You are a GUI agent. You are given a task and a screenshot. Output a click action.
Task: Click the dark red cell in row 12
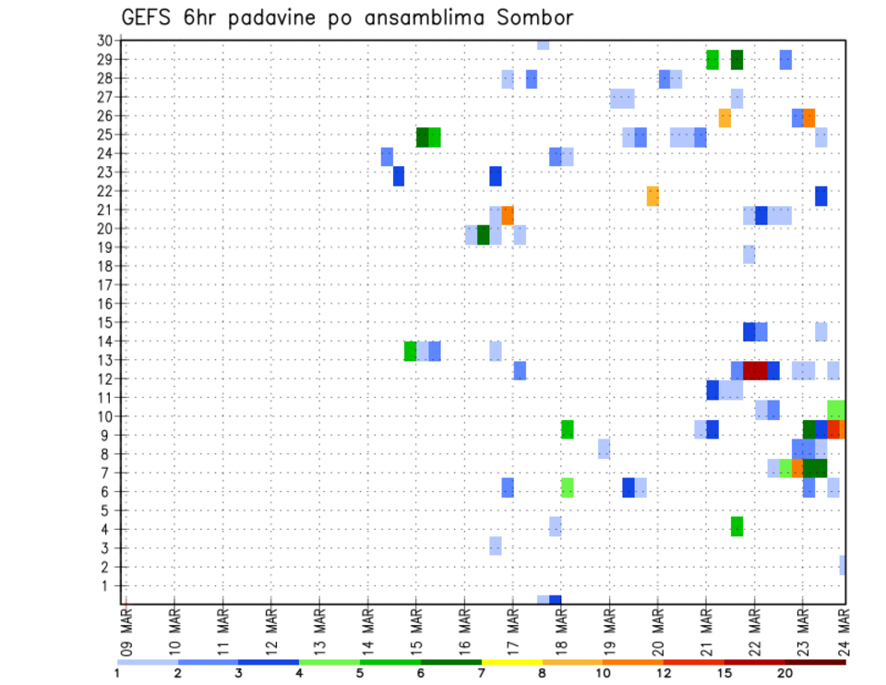[755, 370]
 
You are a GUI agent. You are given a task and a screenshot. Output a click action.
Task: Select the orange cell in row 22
[653, 196]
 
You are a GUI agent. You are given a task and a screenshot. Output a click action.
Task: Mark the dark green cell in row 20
[484, 234]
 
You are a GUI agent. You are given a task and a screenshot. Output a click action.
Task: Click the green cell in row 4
[736, 526]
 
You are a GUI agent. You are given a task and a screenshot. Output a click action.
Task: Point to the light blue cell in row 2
[843, 565]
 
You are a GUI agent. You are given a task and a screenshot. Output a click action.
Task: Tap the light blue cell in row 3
[496, 546]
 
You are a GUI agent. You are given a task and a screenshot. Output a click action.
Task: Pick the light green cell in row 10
[836, 409]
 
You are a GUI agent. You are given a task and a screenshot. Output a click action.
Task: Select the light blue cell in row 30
[543, 44]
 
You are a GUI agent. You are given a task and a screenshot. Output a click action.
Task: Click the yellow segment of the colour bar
[512, 662]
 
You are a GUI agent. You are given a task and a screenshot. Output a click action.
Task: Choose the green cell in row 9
[568, 429]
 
